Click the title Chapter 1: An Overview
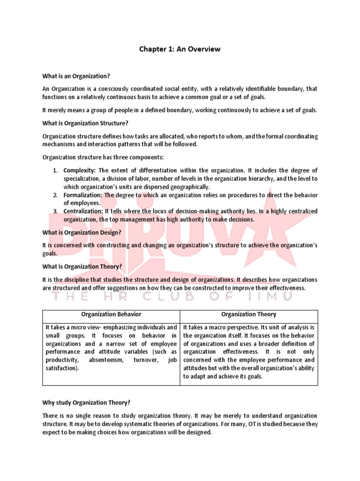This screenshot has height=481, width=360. [180, 49]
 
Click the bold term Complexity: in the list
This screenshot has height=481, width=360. [80, 170]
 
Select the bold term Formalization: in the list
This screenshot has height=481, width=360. [83, 195]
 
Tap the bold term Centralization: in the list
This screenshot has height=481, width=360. [83, 211]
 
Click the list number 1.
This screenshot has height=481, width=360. [55, 170]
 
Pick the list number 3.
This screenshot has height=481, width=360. [55, 211]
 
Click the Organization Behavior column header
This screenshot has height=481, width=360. [111, 314]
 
